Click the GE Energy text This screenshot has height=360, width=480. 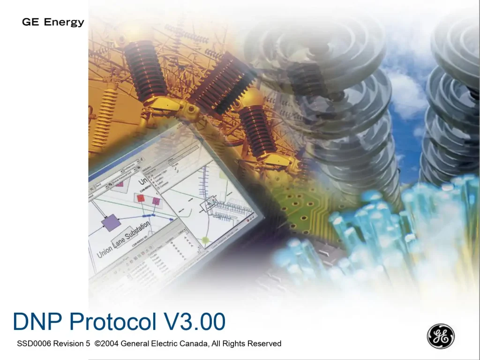pyautogui.click(x=53, y=22)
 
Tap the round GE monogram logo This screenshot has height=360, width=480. pyautogui.click(x=440, y=336)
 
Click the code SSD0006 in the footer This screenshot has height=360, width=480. pyautogui.click(x=34, y=344)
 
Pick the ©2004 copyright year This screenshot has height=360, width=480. pyautogui.click(x=106, y=344)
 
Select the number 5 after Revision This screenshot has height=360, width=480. pyautogui.click(x=88, y=344)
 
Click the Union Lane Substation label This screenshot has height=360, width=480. pyautogui.click(x=124, y=240)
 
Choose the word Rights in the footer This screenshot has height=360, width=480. pyautogui.click(x=234, y=344)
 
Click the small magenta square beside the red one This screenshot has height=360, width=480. pyautogui.click(x=156, y=202)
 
